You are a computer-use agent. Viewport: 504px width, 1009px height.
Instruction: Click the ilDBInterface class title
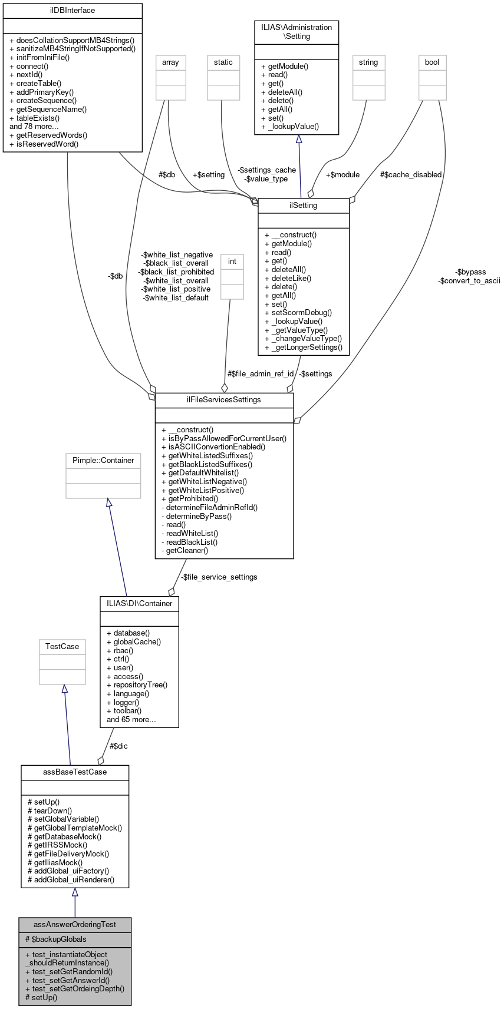73,11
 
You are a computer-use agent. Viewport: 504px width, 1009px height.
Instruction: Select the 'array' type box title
170,62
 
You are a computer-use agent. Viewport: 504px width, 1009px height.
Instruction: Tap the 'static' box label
223,62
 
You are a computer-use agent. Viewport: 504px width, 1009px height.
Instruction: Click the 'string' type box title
368,62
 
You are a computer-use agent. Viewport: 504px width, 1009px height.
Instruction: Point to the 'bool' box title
432,62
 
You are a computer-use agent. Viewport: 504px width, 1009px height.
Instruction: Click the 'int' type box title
232,261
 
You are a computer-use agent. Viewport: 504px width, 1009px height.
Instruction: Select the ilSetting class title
304,206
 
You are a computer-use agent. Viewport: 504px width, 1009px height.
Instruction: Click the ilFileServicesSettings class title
224,400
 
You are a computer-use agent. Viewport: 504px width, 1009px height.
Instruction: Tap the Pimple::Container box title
103,460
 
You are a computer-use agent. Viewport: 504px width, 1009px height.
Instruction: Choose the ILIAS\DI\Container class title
140,603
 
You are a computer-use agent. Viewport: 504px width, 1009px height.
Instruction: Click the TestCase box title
62,646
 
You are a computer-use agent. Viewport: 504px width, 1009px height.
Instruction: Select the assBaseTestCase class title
75,772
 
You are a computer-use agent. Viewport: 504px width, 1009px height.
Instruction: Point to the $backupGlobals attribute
56,939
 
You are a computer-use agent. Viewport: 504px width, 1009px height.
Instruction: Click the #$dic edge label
118,746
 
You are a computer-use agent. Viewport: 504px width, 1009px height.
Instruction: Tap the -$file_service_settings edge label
219,577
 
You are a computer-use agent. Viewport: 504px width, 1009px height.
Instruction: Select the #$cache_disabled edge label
411,174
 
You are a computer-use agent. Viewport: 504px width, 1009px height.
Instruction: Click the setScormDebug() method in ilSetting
298,313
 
